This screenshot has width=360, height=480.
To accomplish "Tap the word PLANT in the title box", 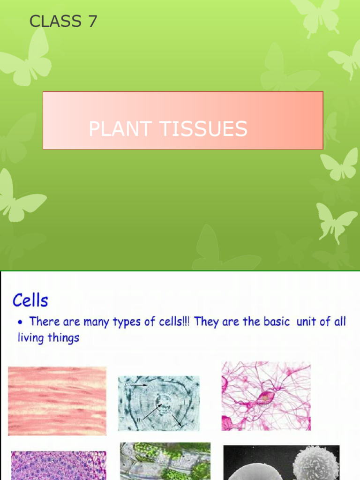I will [x=120, y=129].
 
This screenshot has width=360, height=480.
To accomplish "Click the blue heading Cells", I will [x=30, y=300].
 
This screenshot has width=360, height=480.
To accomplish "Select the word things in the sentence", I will [x=63, y=337].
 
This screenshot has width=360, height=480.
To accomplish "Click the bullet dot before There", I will [x=21, y=322].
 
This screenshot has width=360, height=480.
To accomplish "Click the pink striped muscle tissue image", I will [x=57, y=401].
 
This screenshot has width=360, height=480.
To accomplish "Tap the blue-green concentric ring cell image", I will [x=158, y=403].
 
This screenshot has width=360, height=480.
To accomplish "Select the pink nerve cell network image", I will [x=266, y=396].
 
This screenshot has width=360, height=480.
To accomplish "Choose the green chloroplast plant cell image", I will [x=165, y=462].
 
